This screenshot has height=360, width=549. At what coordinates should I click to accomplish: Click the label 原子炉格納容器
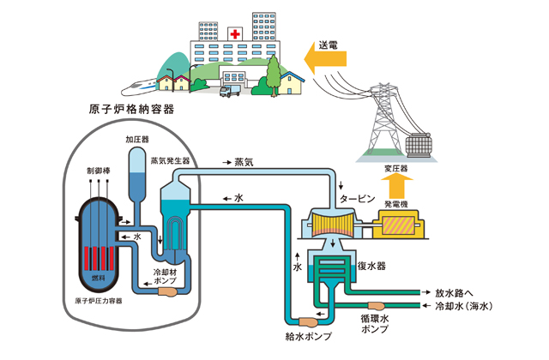tap(131, 110)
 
